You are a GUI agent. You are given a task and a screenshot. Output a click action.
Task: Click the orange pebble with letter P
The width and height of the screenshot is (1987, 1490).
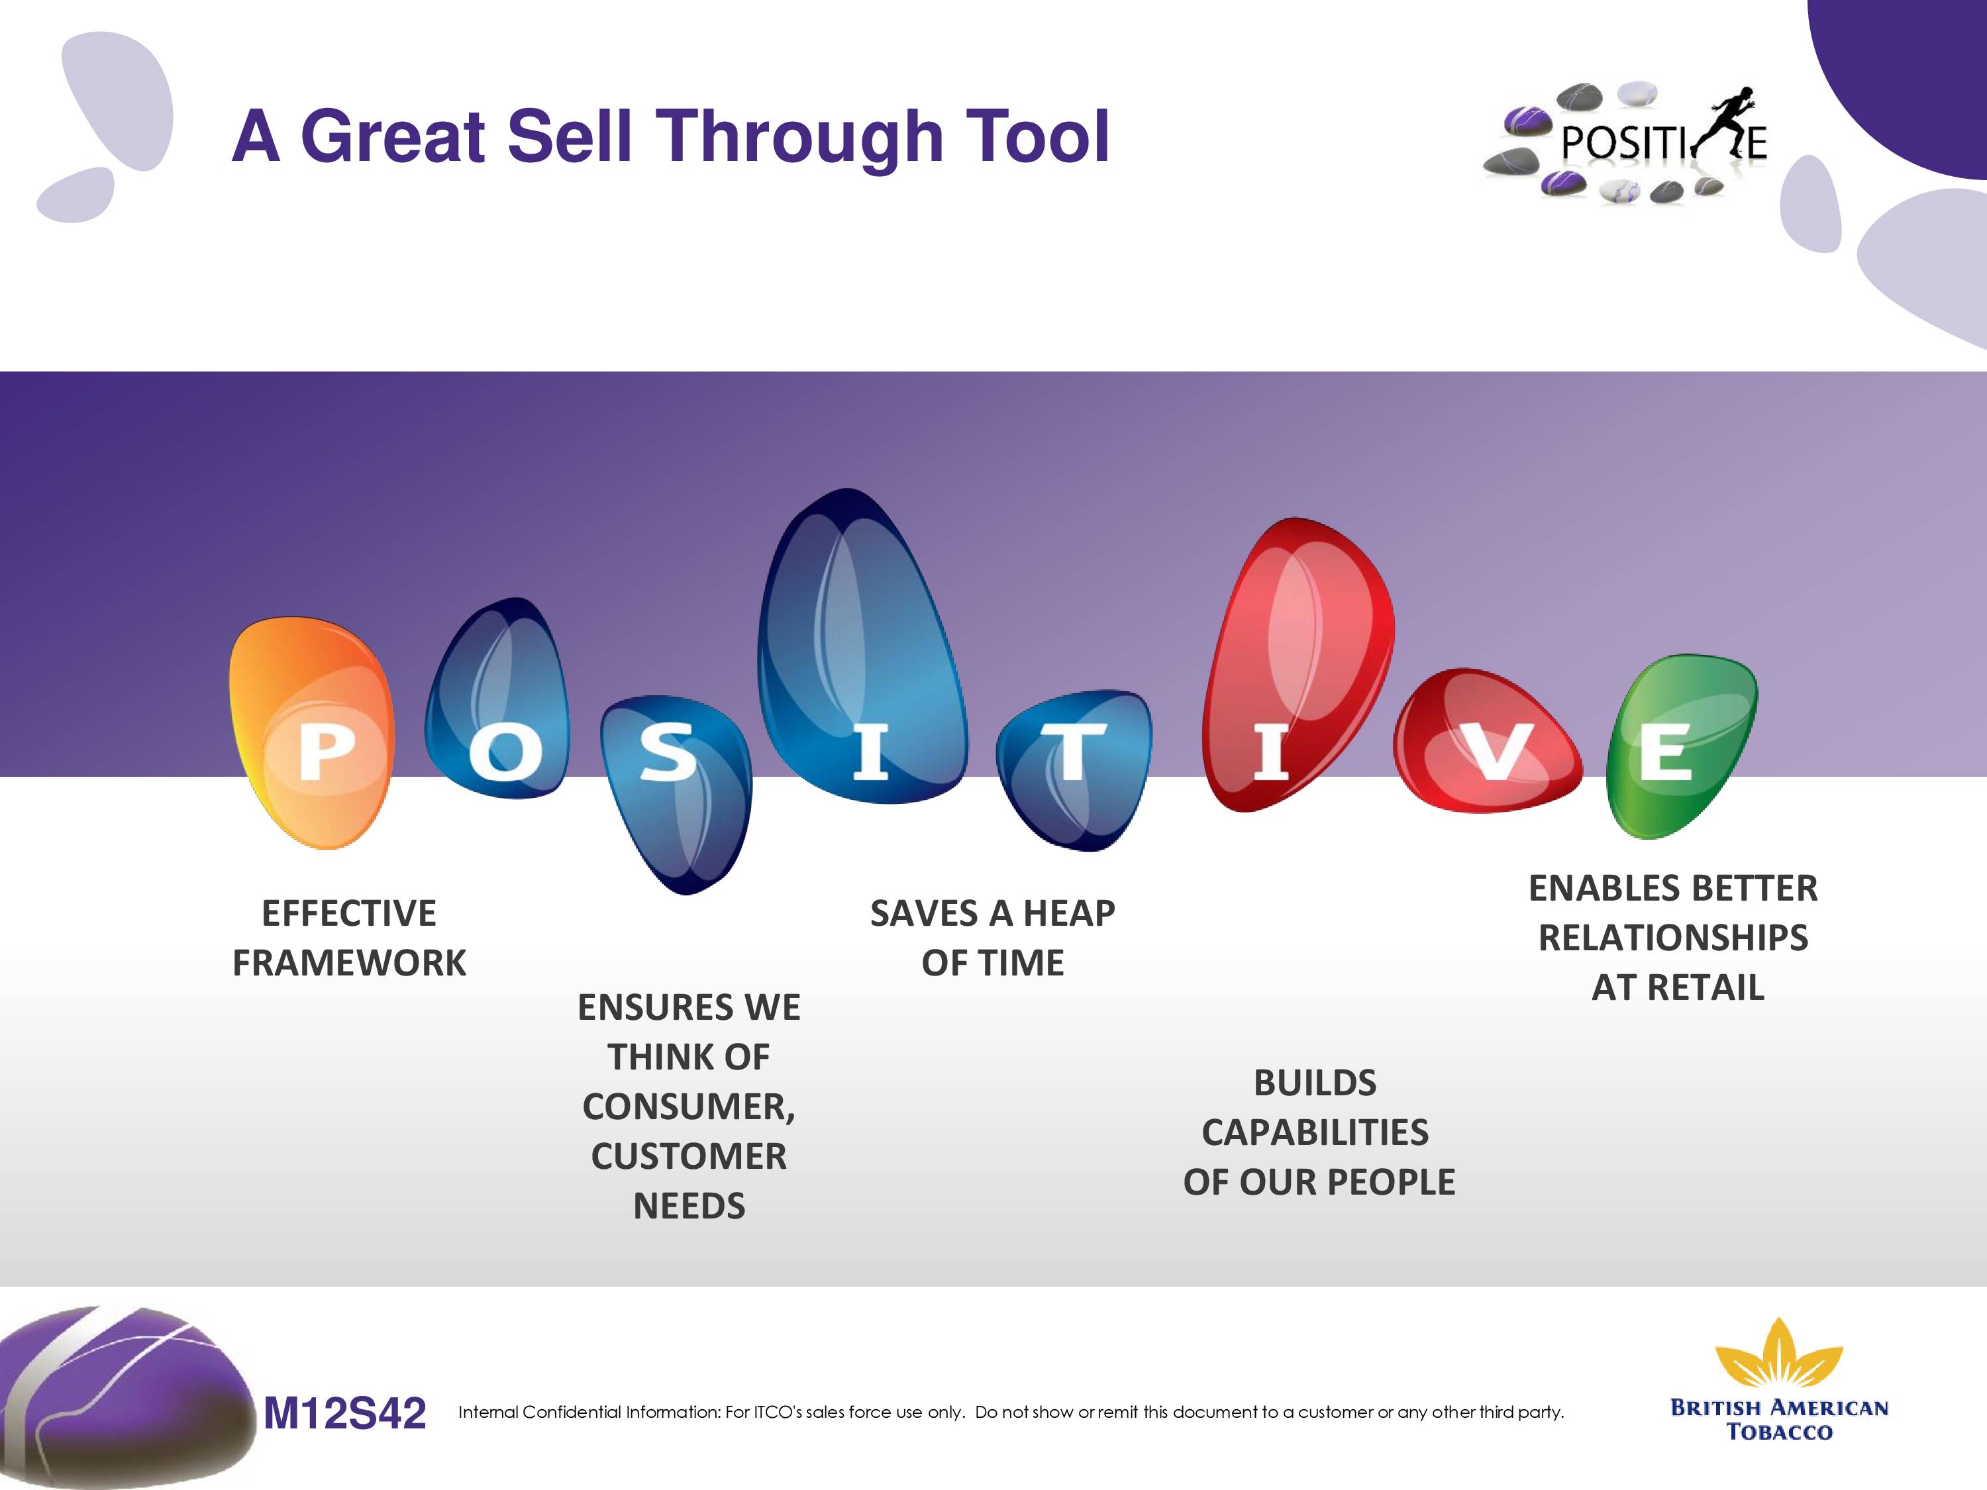pos(311,732)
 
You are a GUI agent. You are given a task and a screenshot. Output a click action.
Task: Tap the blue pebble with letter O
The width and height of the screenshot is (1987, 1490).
pos(497,699)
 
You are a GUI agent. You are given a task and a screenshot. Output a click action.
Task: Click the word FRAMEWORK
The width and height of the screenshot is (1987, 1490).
pos(350,963)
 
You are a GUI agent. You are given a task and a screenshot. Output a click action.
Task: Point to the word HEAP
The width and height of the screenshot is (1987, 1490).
pos(1068,913)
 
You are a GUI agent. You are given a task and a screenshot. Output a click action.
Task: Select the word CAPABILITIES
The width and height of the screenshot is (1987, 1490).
pos(1315,1132)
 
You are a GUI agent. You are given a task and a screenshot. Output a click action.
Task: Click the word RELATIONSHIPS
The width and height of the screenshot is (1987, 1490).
pos(1674,938)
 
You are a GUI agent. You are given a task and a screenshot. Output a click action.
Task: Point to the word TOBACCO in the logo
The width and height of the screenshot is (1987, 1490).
pos(1780,1432)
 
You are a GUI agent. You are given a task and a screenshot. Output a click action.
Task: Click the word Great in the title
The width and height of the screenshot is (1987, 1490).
pos(394,136)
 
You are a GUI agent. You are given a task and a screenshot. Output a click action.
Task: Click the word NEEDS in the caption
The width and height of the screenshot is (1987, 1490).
pos(689,1206)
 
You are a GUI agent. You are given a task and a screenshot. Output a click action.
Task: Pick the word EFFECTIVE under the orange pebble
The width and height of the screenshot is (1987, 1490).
pos(350,913)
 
